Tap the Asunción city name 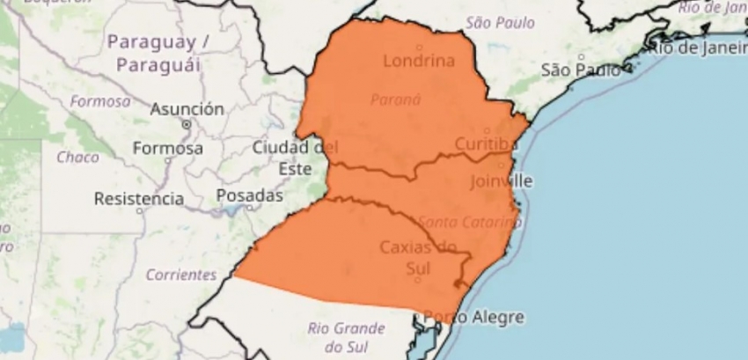pyautogui.click(x=187, y=109)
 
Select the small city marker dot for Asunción pyautogui.click(x=186, y=125)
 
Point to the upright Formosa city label pyautogui.click(x=168, y=149)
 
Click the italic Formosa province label pyautogui.click(x=100, y=101)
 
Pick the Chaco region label pyautogui.click(x=77, y=158)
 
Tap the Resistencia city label pyautogui.click(x=139, y=198)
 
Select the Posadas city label pyautogui.click(x=249, y=195)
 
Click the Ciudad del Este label pyautogui.click(x=290, y=157)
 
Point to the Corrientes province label pyautogui.click(x=181, y=275)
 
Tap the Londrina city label pyautogui.click(x=419, y=62)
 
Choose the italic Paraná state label pyautogui.click(x=395, y=99)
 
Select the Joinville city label pyautogui.click(x=502, y=180)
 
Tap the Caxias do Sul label pyautogui.click(x=419, y=256)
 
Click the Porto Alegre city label pyautogui.click(x=474, y=317)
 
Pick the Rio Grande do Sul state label pyautogui.click(x=348, y=338)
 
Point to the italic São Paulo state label pyautogui.click(x=501, y=22)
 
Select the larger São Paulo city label pyautogui.click(x=580, y=70)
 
